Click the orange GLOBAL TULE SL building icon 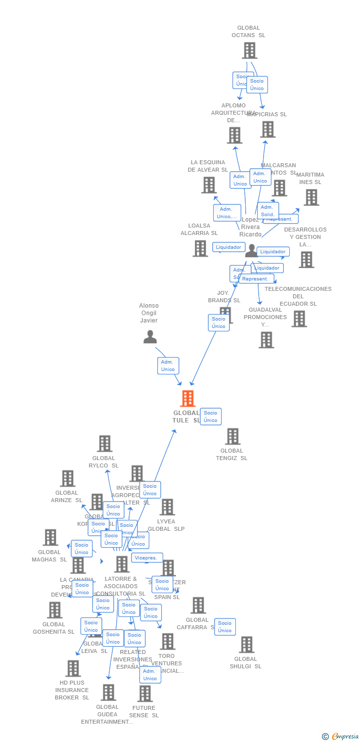tap(187, 398)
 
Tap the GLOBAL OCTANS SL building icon tap(249, 50)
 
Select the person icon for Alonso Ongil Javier tap(150, 337)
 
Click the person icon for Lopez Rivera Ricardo tap(252, 250)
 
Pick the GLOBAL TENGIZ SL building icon tap(232, 436)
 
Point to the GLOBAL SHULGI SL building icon tap(246, 645)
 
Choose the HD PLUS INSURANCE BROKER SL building tap(73, 668)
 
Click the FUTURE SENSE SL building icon tap(144, 694)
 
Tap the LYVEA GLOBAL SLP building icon tap(167, 507)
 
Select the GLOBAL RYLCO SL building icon tap(104, 444)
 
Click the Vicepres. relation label tap(147, 558)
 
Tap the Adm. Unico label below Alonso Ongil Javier tap(168, 366)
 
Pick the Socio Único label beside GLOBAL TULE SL tap(211, 417)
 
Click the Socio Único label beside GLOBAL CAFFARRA tap(225, 627)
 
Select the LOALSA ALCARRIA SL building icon tap(200, 248)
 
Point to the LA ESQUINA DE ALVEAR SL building tap(209, 185)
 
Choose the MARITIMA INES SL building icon tap(311, 197)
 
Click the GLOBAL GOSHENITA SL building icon tap(54, 610)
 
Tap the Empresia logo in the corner tap(341, 736)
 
